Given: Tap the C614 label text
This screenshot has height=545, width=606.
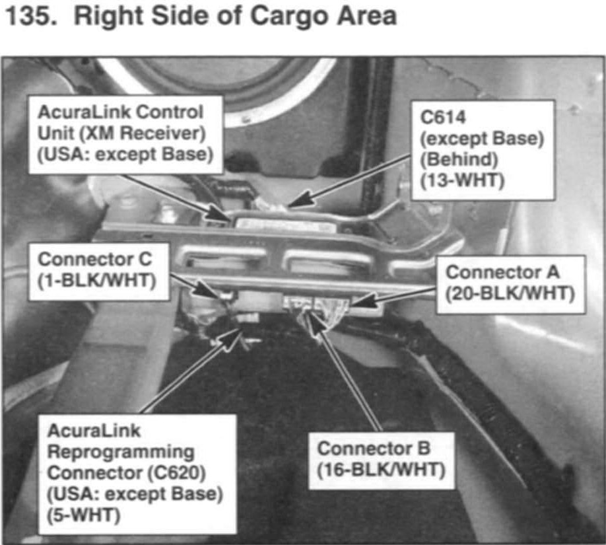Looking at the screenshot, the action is (x=443, y=117).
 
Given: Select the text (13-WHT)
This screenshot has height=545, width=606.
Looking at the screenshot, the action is (x=462, y=180).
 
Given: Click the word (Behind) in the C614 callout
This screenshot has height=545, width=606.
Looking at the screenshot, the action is (x=459, y=160).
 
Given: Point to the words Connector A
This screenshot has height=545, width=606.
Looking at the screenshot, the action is (x=502, y=272).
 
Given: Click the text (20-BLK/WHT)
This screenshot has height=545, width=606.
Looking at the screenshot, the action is (x=510, y=294).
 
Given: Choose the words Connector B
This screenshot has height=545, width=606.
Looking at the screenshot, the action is (x=374, y=449).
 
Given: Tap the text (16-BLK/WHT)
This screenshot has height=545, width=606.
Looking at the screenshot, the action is (x=381, y=470).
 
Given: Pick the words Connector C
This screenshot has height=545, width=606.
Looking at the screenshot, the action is (x=95, y=259).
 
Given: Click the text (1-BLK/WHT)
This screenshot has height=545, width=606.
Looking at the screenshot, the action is (x=97, y=281).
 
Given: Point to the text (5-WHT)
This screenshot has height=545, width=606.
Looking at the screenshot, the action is (x=83, y=515).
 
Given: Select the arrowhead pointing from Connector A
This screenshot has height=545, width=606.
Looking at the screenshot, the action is (x=363, y=300).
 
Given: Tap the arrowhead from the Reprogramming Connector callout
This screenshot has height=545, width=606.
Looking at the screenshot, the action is (x=230, y=338).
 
